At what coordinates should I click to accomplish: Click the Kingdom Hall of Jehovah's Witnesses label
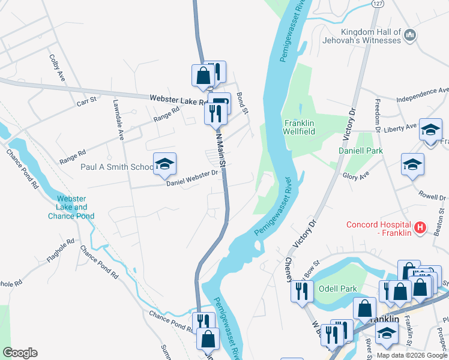pos(370,35)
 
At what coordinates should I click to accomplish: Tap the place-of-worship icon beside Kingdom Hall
pos(410,35)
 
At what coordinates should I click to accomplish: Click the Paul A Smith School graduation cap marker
pos(164,164)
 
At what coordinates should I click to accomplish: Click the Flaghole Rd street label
pos(62,251)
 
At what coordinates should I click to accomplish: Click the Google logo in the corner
pos(19,353)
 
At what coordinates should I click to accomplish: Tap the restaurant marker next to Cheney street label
pos(301,291)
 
